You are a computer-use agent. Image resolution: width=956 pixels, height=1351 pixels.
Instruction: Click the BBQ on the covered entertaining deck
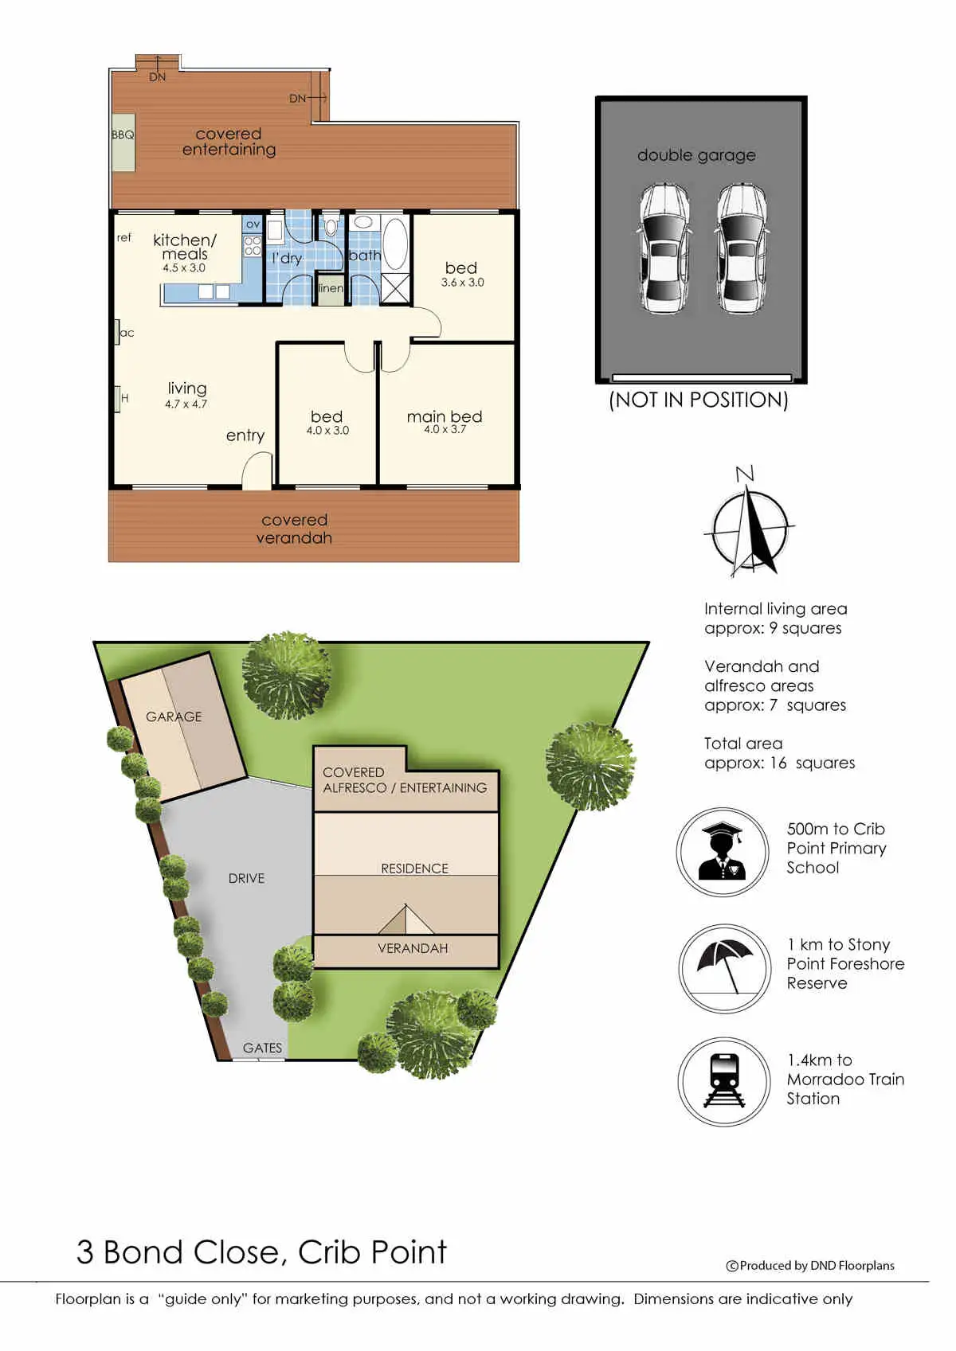pos(123,147)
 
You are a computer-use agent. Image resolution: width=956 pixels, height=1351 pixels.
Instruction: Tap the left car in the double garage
pos(664,248)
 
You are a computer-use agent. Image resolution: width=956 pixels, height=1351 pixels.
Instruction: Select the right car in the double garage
pos(742,248)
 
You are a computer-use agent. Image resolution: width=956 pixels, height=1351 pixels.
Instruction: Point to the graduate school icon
pos(723,852)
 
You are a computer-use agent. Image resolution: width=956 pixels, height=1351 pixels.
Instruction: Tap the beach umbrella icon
pos(723,967)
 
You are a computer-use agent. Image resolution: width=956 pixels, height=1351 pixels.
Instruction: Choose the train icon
pos(724,1081)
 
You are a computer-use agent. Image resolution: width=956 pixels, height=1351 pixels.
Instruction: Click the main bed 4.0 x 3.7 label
pos(445,421)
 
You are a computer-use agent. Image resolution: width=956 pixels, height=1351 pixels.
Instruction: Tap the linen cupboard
pos(330,288)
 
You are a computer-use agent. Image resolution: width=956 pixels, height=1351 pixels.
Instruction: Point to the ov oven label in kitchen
pos(253,225)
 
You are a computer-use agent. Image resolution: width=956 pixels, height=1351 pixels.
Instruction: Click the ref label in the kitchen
pos(124,237)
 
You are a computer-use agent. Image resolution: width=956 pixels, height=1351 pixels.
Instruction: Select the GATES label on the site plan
pos(262,1048)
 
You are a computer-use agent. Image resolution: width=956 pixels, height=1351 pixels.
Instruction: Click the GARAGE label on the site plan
pos(174,716)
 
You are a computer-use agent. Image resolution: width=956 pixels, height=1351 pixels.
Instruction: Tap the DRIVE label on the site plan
pos(246,878)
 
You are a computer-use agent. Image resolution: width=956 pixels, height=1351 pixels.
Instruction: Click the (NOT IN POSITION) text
pos(698,400)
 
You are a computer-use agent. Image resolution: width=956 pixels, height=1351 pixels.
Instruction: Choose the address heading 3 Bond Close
pos(261,1252)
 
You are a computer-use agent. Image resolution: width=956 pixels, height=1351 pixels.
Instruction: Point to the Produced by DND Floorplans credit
pos(810,1266)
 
